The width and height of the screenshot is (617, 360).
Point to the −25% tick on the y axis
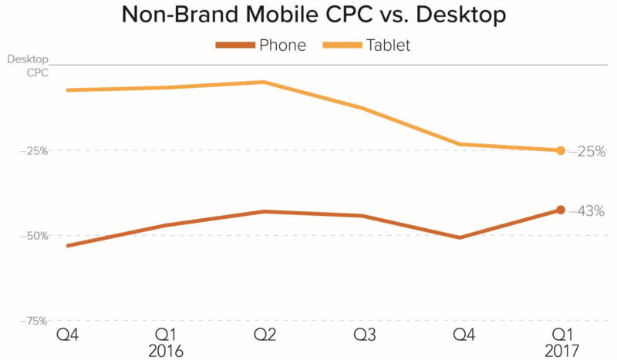pyautogui.click(x=35, y=151)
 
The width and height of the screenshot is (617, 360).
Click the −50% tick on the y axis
pyautogui.click(x=35, y=235)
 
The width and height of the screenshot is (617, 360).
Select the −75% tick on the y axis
pyautogui.click(x=35, y=320)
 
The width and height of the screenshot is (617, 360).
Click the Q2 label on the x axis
pyautogui.click(x=265, y=335)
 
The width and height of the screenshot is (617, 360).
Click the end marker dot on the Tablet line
pyautogui.click(x=561, y=150)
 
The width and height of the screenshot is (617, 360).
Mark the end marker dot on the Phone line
pyautogui.click(x=561, y=210)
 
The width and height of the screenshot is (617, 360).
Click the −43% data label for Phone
pyautogui.click(x=587, y=211)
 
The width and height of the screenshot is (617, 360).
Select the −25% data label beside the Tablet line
pyautogui.click(x=587, y=152)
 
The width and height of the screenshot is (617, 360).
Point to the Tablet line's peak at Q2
pyautogui.click(x=265, y=82)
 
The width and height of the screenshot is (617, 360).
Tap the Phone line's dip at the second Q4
pyautogui.click(x=460, y=237)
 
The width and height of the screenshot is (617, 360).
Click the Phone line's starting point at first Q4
pyautogui.click(x=68, y=246)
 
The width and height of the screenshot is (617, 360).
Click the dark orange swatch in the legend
pyautogui.click(x=234, y=45)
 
